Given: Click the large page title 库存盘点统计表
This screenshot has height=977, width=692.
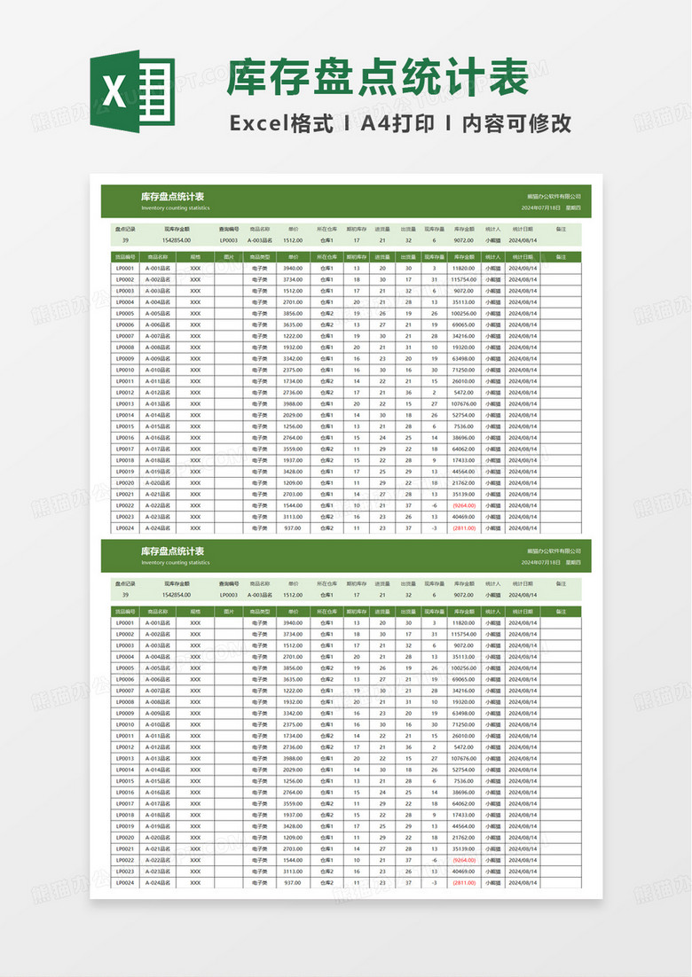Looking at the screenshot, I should click(x=377, y=77).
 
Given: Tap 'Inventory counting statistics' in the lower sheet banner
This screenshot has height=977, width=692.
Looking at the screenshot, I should click(x=176, y=562).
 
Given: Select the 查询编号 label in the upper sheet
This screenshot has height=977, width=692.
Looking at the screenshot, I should click(x=229, y=229).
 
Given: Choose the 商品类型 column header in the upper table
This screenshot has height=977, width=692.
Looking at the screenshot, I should click(x=260, y=256).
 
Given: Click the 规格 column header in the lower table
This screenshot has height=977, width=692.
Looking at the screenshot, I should click(x=195, y=612).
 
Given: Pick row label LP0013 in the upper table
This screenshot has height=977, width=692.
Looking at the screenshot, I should click(x=124, y=403).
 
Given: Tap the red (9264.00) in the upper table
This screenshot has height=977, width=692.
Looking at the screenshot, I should click(x=464, y=505).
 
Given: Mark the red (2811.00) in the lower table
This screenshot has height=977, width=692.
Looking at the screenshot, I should click(x=464, y=883).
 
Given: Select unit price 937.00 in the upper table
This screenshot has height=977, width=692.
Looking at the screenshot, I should click(x=293, y=528).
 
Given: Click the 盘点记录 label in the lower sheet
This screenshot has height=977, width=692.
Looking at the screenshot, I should click(x=125, y=583).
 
